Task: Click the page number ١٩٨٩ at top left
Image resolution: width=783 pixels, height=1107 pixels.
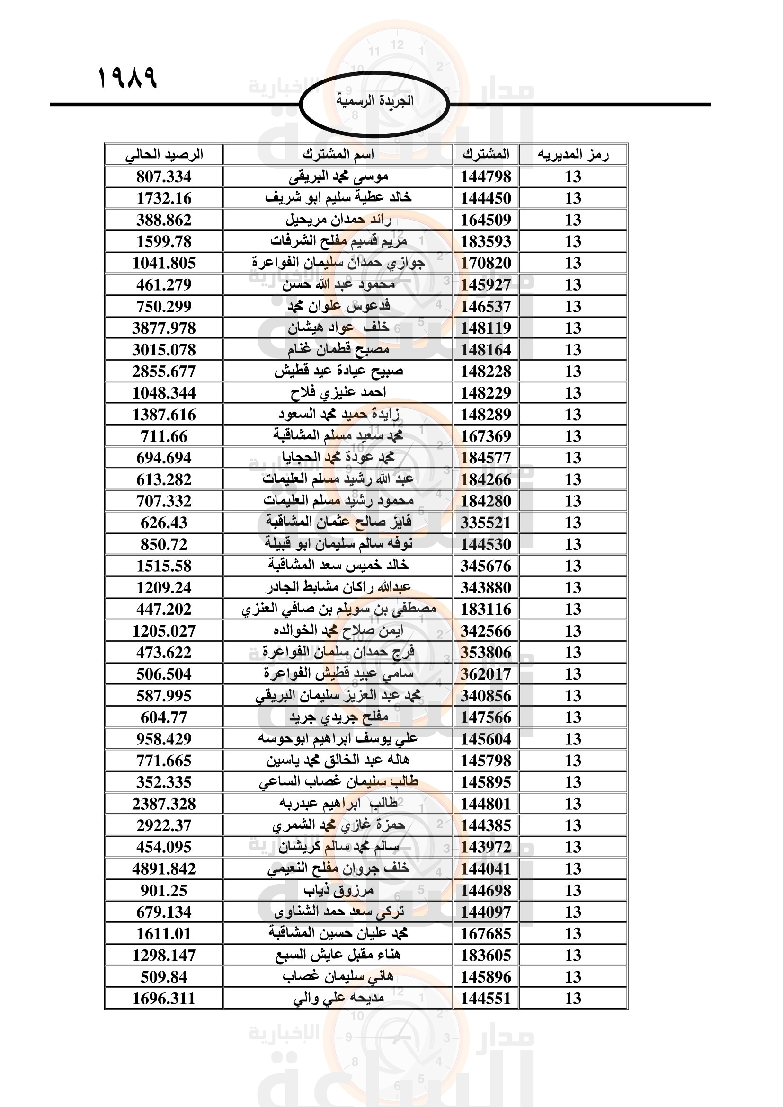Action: [x=128, y=78]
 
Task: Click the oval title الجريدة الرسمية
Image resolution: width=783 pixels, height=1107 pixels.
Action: [x=374, y=101]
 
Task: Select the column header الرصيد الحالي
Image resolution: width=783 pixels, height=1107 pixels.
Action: [x=164, y=155]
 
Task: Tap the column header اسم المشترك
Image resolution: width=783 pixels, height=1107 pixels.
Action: [x=338, y=155]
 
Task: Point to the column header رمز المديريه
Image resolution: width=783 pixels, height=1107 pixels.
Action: [x=573, y=155]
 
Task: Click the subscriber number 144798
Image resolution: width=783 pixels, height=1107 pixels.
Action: [x=486, y=177]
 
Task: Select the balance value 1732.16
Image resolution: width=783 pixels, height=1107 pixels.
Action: [x=164, y=198]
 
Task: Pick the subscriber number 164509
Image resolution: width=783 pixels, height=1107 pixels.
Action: [x=486, y=220]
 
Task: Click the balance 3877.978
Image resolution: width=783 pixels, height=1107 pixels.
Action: [x=164, y=328]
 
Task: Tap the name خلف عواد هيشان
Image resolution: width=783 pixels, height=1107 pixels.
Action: [x=338, y=328]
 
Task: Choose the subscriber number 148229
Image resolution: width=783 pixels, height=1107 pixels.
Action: [x=486, y=393]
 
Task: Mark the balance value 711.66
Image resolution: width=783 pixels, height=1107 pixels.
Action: [x=164, y=436]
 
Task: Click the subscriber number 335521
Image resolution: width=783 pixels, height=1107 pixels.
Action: [x=486, y=523]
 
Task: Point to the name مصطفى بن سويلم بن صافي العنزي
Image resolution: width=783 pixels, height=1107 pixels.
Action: [x=338, y=610]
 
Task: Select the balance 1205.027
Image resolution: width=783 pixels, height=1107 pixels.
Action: [x=164, y=630]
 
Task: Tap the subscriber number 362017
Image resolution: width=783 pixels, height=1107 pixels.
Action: [x=486, y=674]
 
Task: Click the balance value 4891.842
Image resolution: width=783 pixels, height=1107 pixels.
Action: [x=164, y=869]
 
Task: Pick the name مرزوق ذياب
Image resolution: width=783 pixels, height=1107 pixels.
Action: [x=338, y=891]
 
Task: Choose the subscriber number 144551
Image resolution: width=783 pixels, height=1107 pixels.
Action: [x=486, y=999]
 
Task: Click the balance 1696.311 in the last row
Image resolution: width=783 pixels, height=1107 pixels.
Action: [x=164, y=999]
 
